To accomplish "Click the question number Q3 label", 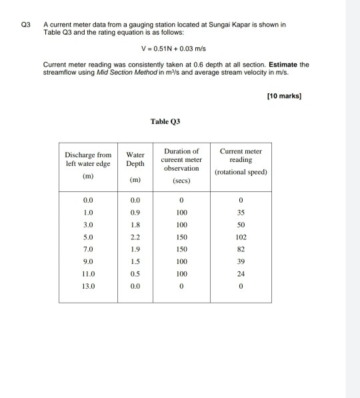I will pyautogui.click(x=25, y=25).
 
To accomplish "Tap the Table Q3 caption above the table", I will pyautogui.click(x=165, y=122).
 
